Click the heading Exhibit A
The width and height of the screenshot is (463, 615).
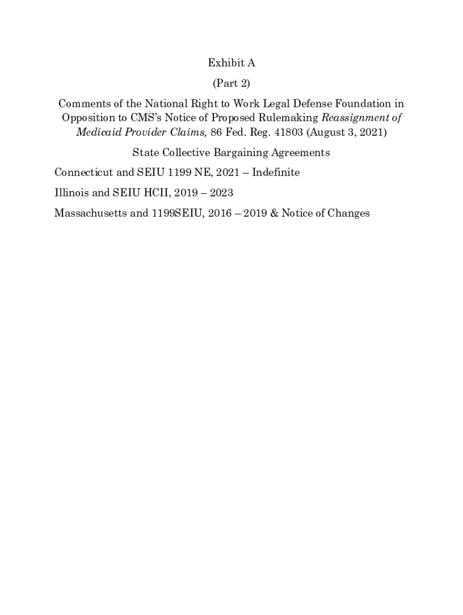(231, 63)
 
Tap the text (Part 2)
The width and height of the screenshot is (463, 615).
(231, 83)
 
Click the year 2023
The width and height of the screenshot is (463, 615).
(221, 193)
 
